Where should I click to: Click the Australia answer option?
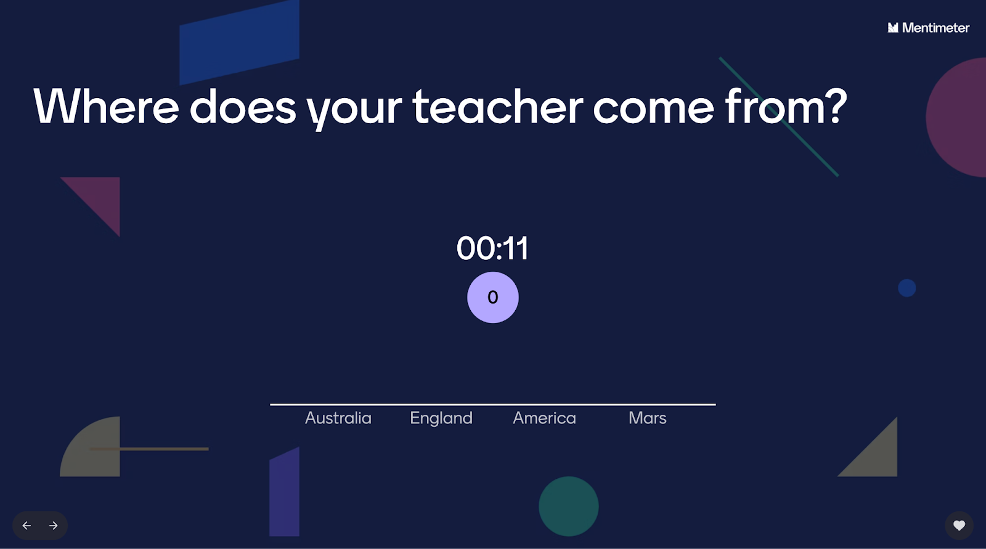pos(338,418)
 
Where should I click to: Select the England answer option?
pos(441,418)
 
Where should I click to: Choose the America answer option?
pos(545,418)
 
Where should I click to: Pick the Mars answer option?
pos(648,418)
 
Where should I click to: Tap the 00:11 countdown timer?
pos(492,248)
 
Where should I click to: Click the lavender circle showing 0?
pos(493,297)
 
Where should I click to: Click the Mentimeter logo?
pos(928,28)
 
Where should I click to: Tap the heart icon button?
pos(959,525)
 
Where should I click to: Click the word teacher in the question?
pos(497,107)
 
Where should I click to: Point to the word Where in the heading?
pos(106,106)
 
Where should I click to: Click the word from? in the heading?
pos(786,106)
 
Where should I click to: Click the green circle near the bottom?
pos(569,506)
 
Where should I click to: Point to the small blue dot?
pos(907,288)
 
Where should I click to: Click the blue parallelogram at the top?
pos(240,42)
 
